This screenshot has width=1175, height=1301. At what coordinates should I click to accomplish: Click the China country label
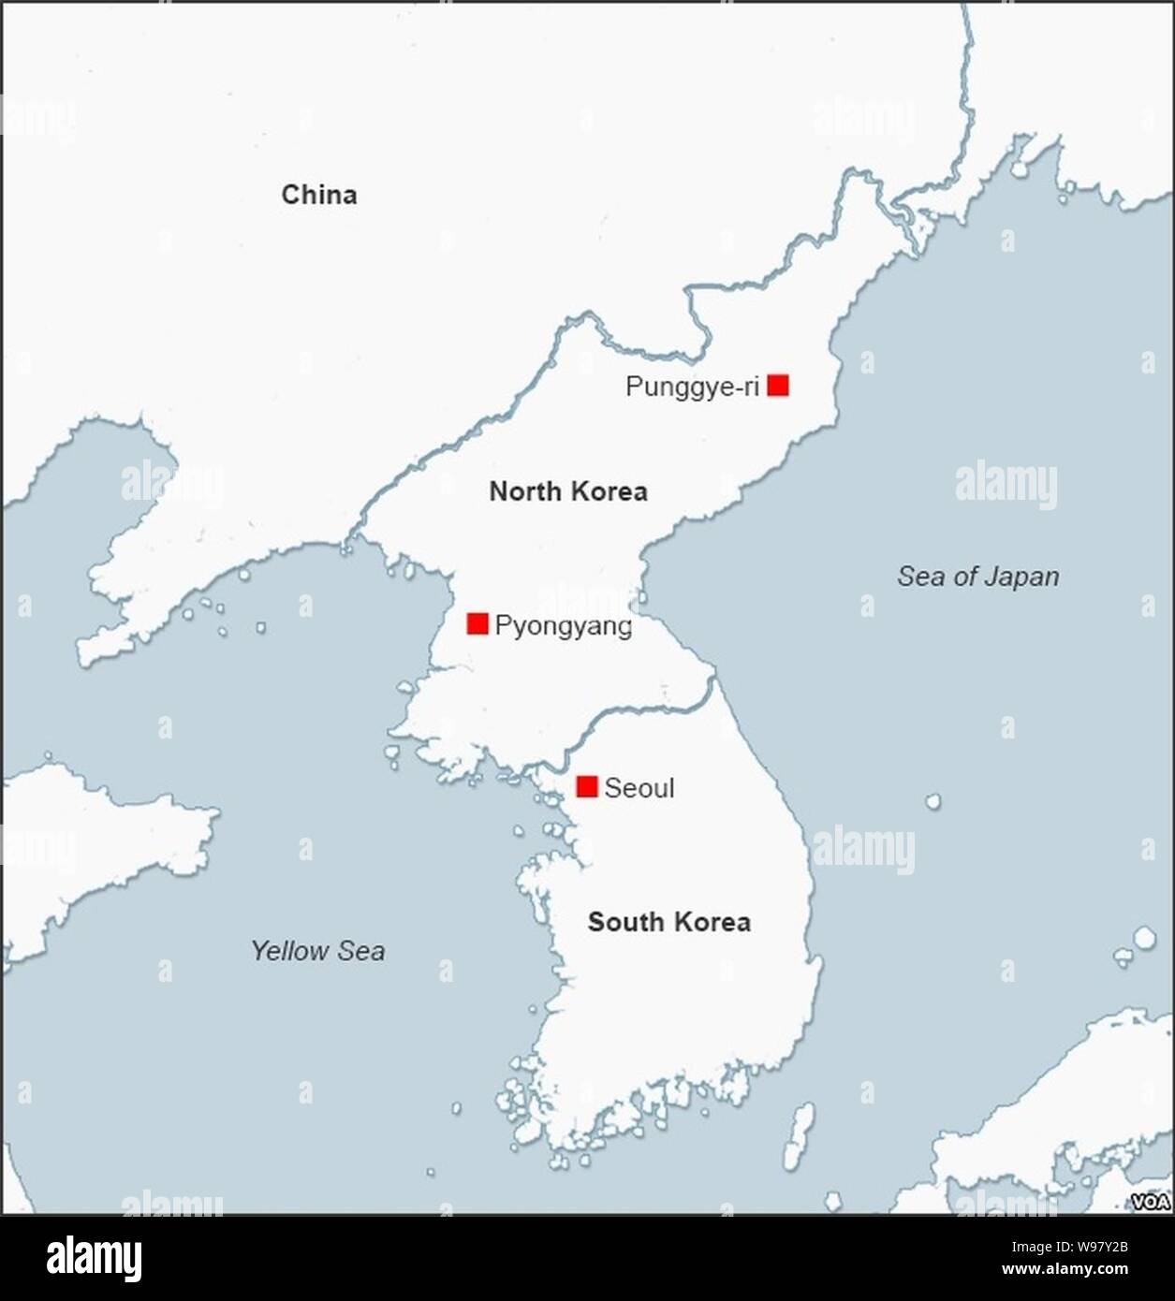click(x=319, y=195)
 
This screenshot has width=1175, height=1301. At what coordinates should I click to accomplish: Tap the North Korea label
click(x=568, y=491)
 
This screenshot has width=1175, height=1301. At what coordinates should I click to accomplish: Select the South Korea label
click(x=668, y=922)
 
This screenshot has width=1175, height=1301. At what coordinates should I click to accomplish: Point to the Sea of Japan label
click(x=978, y=577)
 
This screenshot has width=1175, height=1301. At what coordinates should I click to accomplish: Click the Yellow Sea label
click(x=317, y=951)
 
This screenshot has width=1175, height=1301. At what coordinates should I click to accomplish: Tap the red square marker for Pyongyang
click(x=477, y=623)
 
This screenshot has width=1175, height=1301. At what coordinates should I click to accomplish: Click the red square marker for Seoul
click(x=587, y=786)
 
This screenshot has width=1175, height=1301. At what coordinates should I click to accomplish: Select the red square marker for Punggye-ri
click(x=778, y=385)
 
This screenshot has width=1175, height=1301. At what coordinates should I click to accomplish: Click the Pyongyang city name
click(x=564, y=626)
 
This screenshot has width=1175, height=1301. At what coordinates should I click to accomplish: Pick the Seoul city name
click(x=639, y=788)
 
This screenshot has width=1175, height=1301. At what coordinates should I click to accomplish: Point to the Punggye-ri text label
click(x=692, y=387)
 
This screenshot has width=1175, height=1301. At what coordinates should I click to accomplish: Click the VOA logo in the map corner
click(x=1151, y=1202)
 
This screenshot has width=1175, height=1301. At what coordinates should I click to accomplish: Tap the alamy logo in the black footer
click(x=95, y=1258)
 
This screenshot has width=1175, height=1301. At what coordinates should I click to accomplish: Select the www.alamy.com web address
click(x=1064, y=1270)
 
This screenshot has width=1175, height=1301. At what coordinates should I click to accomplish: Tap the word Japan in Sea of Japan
click(x=1021, y=577)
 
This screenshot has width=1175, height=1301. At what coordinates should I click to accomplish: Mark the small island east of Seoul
click(x=933, y=801)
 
